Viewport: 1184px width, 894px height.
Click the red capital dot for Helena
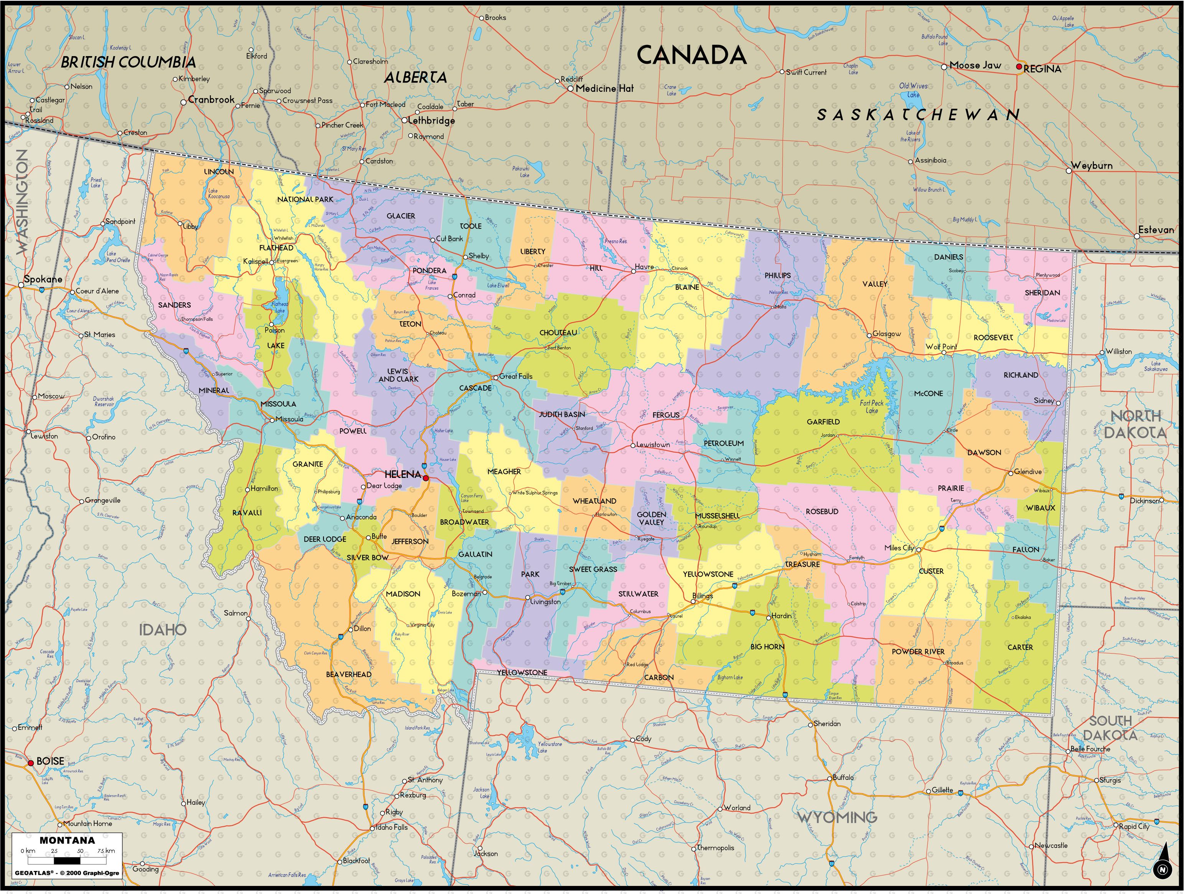pyautogui.click(x=425, y=478)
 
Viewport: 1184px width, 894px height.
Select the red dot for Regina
pyautogui.click(x=1019, y=67)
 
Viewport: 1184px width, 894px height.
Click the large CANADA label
pyautogui.click(x=691, y=56)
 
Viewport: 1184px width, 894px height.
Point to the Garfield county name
pyautogui.click(x=823, y=422)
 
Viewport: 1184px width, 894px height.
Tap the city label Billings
pyautogui.click(x=703, y=596)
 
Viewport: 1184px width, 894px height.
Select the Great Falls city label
pyautogui.click(x=516, y=376)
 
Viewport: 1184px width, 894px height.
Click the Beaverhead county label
pyautogui.click(x=348, y=674)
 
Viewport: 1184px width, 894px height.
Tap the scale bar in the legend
pyautogui.click(x=68, y=861)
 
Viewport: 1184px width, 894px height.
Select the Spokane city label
pyautogui.click(x=43, y=279)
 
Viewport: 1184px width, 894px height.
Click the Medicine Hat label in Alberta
pyautogui.click(x=604, y=88)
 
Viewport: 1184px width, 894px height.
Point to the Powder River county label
pyautogui.click(x=918, y=651)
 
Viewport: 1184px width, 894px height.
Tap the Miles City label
pyautogui.click(x=899, y=548)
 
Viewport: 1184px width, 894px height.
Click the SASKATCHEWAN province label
pyautogui.click(x=919, y=114)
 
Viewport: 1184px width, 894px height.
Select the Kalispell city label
pyautogui.click(x=256, y=262)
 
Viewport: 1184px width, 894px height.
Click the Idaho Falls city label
pyautogui.click(x=392, y=827)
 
